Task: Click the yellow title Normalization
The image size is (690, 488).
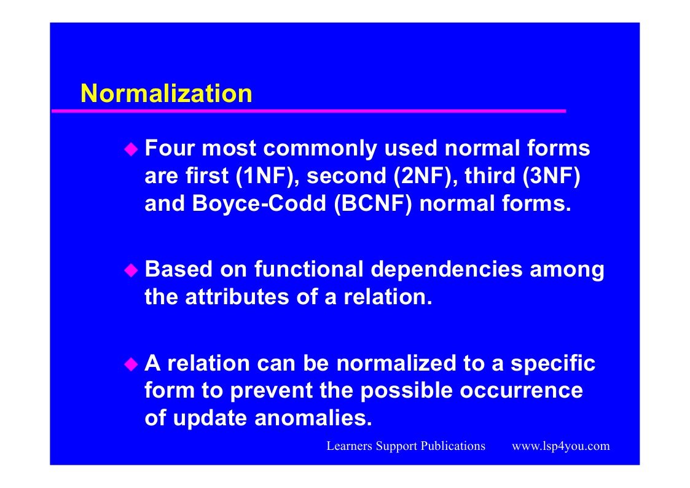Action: click(x=167, y=93)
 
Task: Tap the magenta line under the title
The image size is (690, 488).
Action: click(x=308, y=111)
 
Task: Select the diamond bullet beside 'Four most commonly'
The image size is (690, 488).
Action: click(x=131, y=149)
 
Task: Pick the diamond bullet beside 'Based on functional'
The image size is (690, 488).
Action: click(x=131, y=270)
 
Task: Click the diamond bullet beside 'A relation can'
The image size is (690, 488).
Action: click(x=131, y=364)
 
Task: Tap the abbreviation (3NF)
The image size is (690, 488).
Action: click(x=551, y=176)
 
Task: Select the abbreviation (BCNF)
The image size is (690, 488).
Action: click(x=373, y=203)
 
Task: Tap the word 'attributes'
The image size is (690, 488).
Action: click(x=237, y=297)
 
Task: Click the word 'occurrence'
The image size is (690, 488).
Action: click(x=522, y=391)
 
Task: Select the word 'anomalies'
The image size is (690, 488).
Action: click(x=313, y=418)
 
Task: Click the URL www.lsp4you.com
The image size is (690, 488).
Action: click(x=561, y=446)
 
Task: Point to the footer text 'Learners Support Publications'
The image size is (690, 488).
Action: click(x=406, y=446)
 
